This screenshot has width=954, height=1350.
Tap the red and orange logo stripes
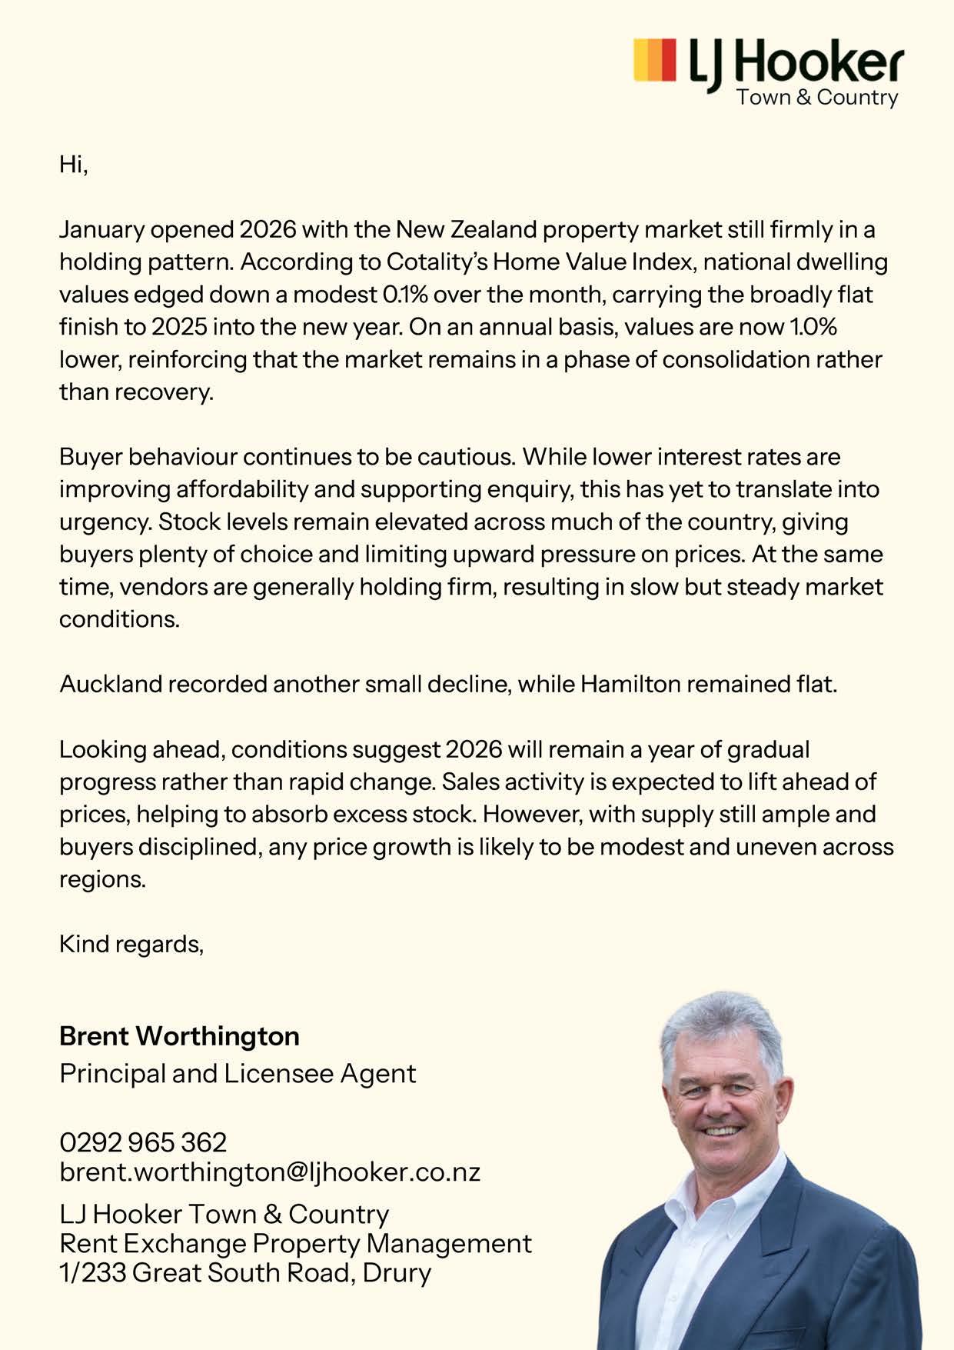[x=654, y=59]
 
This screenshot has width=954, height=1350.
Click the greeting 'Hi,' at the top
[x=74, y=165]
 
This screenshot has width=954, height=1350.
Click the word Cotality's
[x=437, y=262]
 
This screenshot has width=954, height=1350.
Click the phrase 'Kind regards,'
[x=131, y=944]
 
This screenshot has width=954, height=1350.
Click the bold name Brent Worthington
[x=179, y=1036]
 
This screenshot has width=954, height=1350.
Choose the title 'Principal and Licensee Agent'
[x=238, y=1073]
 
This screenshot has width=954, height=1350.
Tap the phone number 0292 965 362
[x=143, y=1142]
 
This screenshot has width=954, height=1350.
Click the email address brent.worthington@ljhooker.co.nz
[x=270, y=1172]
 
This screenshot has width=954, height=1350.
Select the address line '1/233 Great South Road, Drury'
[x=245, y=1272]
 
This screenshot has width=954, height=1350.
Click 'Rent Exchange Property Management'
[x=295, y=1243]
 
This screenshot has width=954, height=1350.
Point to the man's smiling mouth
[x=721, y=1130]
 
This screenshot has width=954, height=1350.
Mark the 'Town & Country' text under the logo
[x=817, y=98]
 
